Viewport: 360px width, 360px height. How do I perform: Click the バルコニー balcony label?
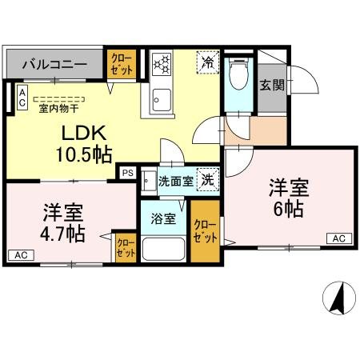[54, 63]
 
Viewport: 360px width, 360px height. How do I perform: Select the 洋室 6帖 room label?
[286, 199]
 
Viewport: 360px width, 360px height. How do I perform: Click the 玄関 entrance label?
[271, 84]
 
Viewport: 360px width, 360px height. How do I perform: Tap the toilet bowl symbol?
[237, 76]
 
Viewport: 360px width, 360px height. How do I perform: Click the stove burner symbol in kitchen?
[162, 63]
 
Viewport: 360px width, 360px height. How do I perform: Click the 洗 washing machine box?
[208, 181]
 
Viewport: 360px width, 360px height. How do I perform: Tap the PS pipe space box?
[127, 172]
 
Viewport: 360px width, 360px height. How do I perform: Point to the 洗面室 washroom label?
[174, 182]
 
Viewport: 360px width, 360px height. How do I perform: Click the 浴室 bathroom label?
[165, 218]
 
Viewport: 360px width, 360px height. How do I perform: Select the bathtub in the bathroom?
[164, 248]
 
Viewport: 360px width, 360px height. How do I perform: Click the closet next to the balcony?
[122, 65]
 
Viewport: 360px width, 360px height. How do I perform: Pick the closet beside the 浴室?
[205, 232]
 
